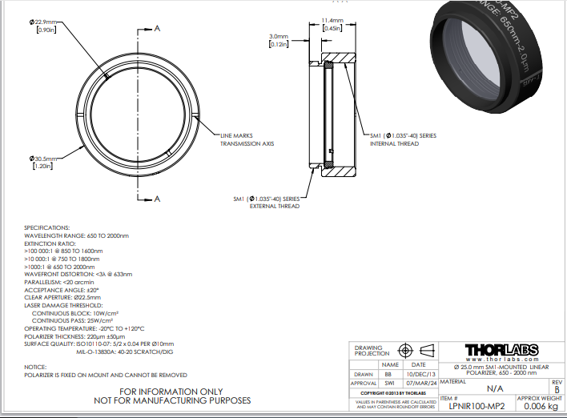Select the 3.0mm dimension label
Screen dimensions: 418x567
pos(278,40)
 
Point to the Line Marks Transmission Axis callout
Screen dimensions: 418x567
pos(247,140)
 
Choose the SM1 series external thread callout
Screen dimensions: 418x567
pos(266,202)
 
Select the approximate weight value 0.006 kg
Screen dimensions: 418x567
pos(541,406)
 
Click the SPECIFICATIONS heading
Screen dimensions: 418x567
pos(47,227)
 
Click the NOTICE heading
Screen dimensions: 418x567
pos(35,367)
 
